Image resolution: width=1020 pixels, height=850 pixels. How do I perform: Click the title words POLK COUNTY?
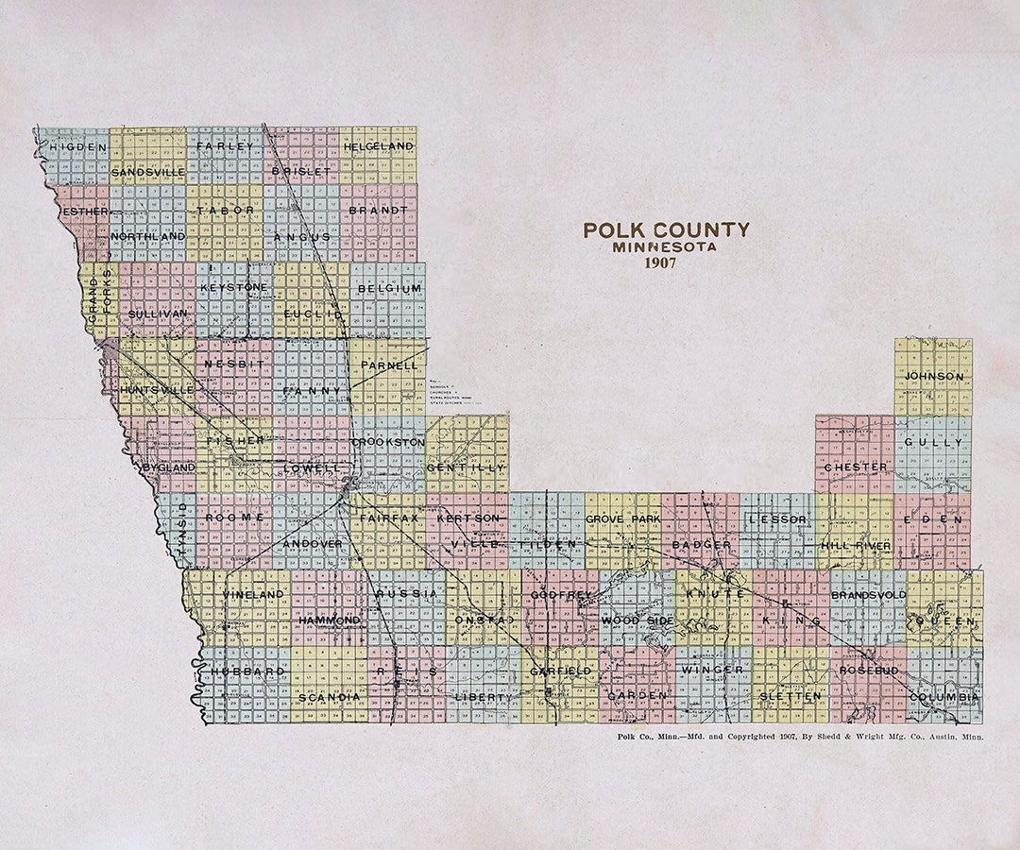pyautogui.click(x=666, y=229)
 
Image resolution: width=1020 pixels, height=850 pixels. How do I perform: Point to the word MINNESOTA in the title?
pyautogui.click(x=664, y=247)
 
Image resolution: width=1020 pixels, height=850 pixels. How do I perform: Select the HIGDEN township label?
pyautogui.click(x=78, y=147)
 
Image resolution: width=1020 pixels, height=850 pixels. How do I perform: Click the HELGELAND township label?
pyautogui.click(x=379, y=147)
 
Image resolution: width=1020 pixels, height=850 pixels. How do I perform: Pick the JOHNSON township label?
pyautogui.click(x=934, y=377)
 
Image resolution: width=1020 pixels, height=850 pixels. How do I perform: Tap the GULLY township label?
pyautogui.click(x=933, y=442)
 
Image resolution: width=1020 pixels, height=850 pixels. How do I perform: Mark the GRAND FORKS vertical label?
pyautogui.click(x=99, y=300)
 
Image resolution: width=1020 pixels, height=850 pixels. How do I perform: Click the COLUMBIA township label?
pyautogui.click(x=943, y=697)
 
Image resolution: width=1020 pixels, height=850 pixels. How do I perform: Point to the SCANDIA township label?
pyautogui.click(x=329, y=697)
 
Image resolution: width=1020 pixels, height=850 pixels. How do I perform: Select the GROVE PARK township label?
pyautogui.click(x=622, y=520)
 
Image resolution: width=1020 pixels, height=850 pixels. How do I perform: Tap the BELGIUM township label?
pyautogui.click(x=390, y=288)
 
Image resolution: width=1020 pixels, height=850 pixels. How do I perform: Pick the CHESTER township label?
pyautogui.click(x=856, y=467)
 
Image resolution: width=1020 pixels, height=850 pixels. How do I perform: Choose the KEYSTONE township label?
pyautogui.click(x=234, y=286)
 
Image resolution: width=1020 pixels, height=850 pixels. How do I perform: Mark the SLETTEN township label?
pyautogui.click(x=790, y=696)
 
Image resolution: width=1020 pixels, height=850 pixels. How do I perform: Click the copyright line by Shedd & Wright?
pyautogui.click(x=798, y=736)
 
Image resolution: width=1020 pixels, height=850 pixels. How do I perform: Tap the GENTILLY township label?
pyautogui.click(x=466, y=467)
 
